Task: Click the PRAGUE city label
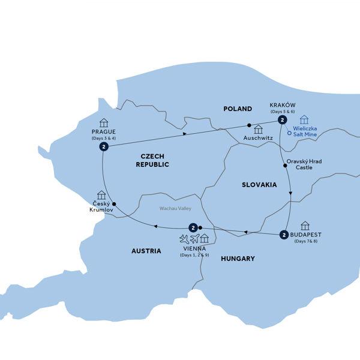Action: pos(104,131)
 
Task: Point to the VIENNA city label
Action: pos(194,248)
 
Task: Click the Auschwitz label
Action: pos(259,139)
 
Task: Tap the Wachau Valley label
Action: pos(175,208)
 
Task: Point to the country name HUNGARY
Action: pos(238,259)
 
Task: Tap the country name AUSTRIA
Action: pos(146,251)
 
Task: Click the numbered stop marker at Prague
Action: pos(104,147)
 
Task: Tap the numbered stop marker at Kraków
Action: pos(281,120)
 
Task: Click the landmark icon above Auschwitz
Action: pos(259,129)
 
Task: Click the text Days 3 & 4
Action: pos(104,139)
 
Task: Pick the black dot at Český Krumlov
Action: pos(115,203)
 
